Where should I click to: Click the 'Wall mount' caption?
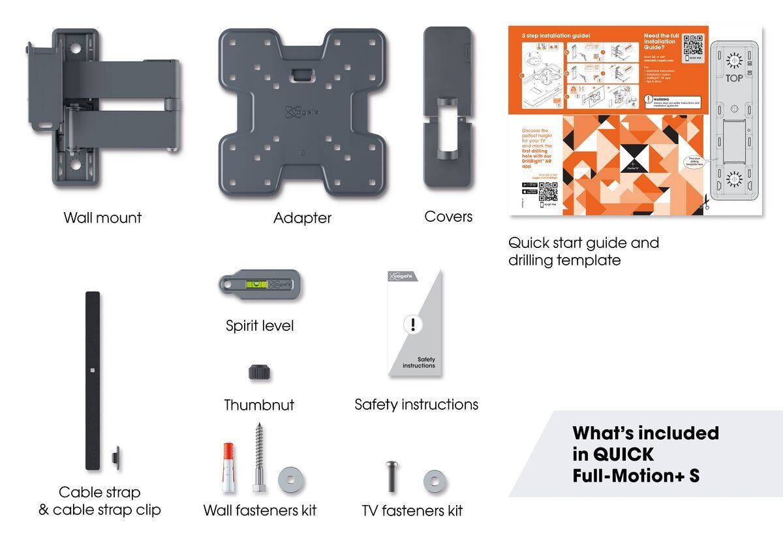[102, 218]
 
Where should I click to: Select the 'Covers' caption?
[448, 217]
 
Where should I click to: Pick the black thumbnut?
[259, 373]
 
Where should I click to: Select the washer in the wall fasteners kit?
[290, 480]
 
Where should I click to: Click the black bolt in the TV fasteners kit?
[390, 478]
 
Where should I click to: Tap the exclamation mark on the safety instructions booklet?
[412, 324]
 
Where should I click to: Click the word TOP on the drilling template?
[735, 78]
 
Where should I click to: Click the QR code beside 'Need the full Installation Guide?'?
[692, 46]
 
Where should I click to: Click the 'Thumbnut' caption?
[259, 405]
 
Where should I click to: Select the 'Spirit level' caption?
[260, 326]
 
